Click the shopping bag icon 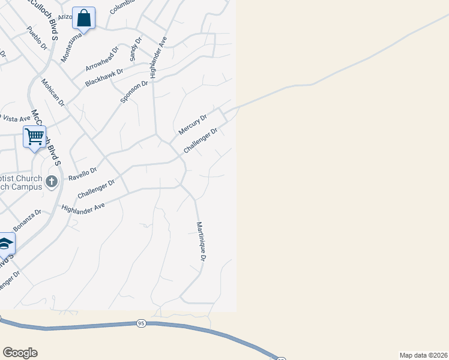(84, 18)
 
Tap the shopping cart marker (35, 137)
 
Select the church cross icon (52, 181)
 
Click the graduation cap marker (5, 243)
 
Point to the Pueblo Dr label (37, 38)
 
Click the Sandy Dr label (136, 49)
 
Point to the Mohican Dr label (52, 92)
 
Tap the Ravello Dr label (82, 174)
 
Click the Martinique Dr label (201, 241)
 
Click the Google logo (20, 353)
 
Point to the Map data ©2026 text (423, 355)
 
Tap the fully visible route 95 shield (141, 323)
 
